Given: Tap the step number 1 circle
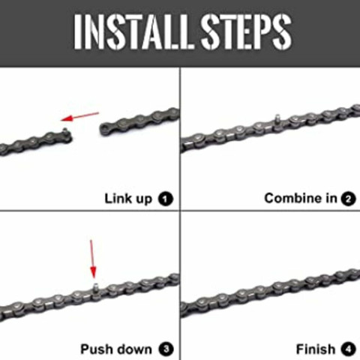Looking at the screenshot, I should (x=166, y=199).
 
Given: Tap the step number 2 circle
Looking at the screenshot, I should (x=348, y=199).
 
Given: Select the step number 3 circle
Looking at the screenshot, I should (x=166, y=349).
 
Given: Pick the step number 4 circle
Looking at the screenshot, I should (x=348, y=349).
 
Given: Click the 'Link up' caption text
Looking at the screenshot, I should (x=128, y=199).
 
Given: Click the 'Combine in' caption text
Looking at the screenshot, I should (x=299, y=199).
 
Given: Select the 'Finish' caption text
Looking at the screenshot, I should (x=315, y=349).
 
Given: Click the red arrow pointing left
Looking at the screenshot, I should (x=79, y=116).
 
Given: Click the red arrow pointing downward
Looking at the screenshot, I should (x=93, y=259).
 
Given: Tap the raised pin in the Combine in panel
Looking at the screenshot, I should (x=275, y=118).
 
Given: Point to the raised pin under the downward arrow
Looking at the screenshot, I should (x=94, y=286).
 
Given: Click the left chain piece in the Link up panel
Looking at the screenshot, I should (x=34, y=141).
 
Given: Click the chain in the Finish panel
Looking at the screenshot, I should (x=270, y=292).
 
